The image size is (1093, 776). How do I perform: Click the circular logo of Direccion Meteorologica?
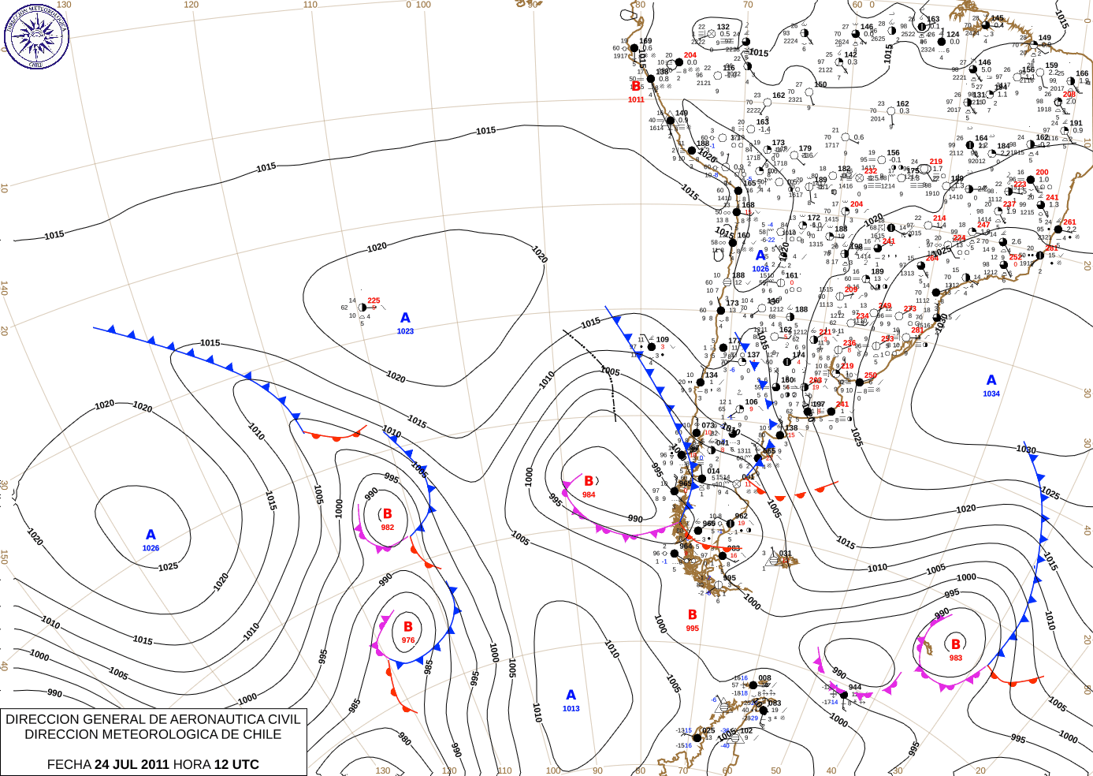(x=36, y=36)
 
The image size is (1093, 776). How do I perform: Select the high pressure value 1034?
(x=991, y=394)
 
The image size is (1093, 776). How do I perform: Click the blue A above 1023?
(x=405, y=318)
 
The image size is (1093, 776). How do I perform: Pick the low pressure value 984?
(x=589, y=494)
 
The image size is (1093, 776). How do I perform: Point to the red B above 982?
(x=387, y=513)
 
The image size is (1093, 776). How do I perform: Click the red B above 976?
(x=408, y=627)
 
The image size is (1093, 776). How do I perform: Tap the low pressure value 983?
(x=956, y=658)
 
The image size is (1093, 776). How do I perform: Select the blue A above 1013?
(x=571, y=695)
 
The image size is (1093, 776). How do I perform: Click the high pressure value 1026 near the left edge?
(x=151, y=548)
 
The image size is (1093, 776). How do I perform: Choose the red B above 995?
(x=692, y=614)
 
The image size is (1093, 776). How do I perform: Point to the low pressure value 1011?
(x=636, y=99)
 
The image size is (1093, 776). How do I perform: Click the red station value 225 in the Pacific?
(x=374, y=300)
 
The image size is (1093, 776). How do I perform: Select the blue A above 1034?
(x=991, y=380)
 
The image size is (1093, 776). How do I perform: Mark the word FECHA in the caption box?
(x=69, y=764)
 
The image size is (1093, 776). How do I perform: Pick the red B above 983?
(x=956, y=644)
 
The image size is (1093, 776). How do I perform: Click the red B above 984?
(x=589, y=481)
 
